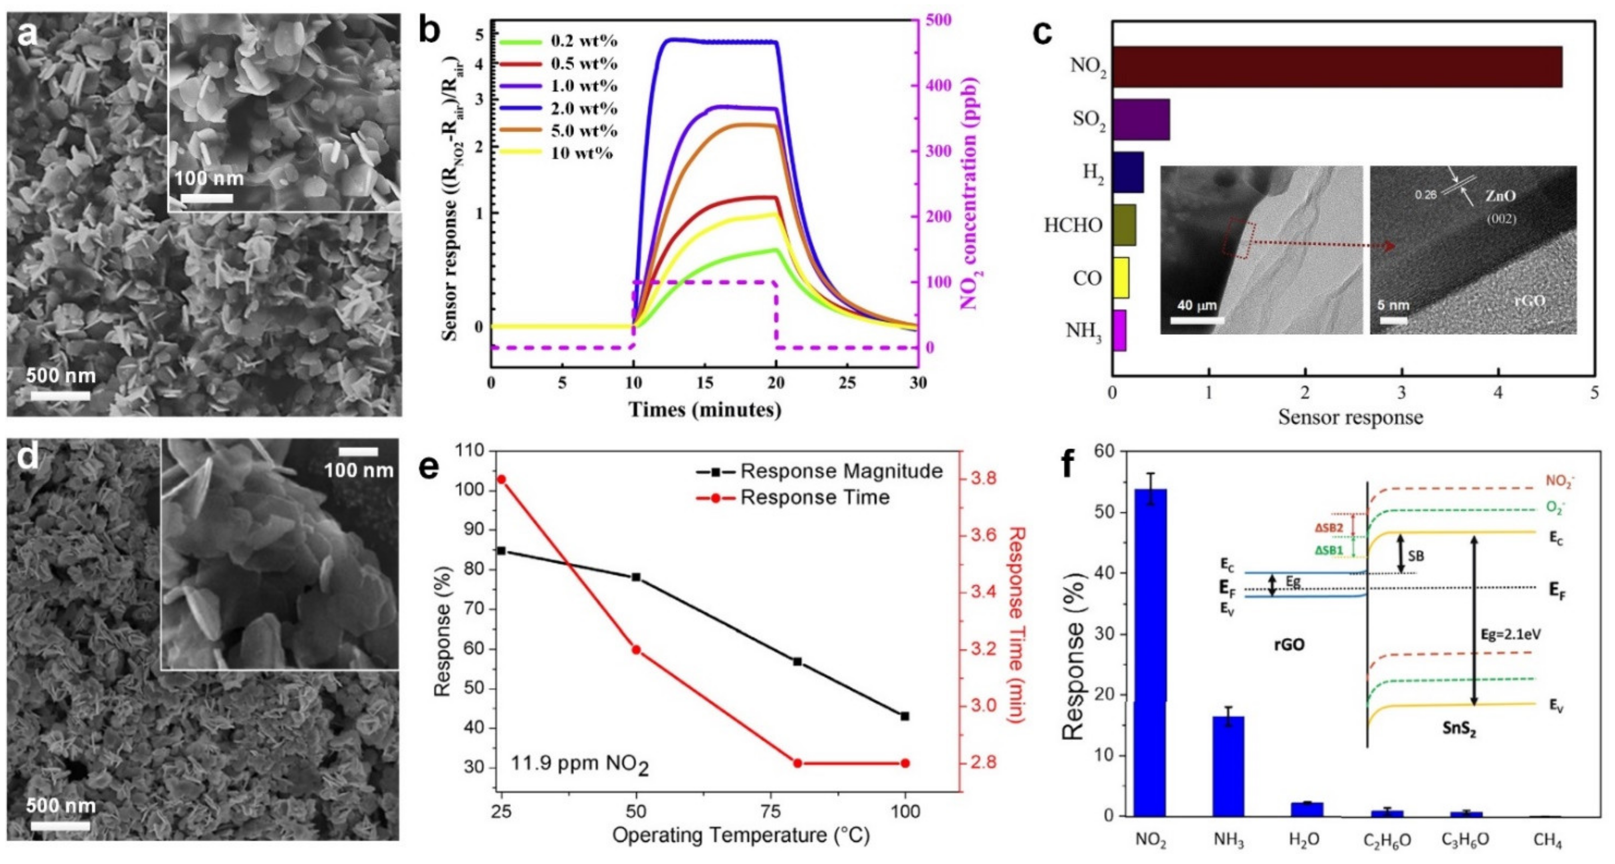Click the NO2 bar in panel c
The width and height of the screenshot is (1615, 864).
1335,66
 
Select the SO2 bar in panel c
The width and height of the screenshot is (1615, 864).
1141,119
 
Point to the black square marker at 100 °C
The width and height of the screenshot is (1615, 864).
905,716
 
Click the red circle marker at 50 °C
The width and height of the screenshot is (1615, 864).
636,650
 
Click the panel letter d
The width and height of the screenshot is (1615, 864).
28,458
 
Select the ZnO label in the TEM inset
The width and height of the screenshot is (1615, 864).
1500,196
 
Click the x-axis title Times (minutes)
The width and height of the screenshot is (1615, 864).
705,410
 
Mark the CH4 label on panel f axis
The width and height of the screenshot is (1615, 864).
1547,840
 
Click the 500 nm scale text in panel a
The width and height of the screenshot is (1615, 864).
61,376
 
